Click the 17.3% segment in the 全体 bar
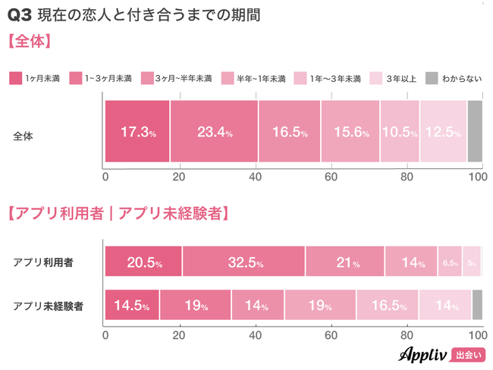click(x=137, y=131)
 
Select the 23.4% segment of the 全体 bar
click(x=214, y=131)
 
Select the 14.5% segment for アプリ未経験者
click(x=132, y=305)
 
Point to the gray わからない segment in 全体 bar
click(x=475, y=131)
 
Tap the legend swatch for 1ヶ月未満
click(x=15, y=78)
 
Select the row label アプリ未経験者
click(x=48, y=306)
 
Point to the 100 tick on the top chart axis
click(x=477, y=177)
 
